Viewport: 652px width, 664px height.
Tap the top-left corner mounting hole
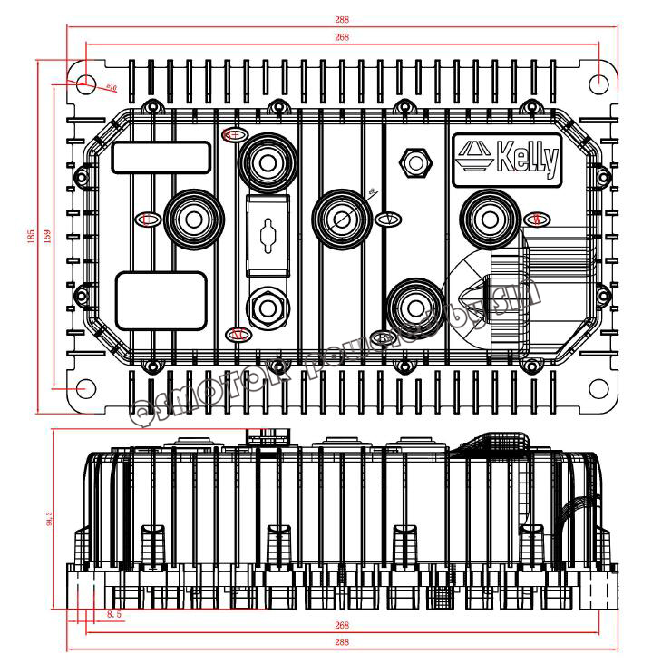[x=84, y=82]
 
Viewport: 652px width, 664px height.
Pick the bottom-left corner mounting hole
[x=84, y=387]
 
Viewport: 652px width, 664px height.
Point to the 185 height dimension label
[x=32, y=235]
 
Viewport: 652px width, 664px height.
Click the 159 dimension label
[x=48, y=235]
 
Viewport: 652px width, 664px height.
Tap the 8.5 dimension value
[x=115, y=615]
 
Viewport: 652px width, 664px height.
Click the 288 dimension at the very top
[x=341, y=19]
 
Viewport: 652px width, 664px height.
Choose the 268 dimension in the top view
[x=341, y=37]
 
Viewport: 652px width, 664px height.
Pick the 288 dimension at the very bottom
[x=341, y=641]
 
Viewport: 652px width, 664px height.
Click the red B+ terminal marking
[x=233, y=134]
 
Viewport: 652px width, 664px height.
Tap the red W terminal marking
[x=536, y=219]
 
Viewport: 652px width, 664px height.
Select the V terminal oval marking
[x=387, y=220]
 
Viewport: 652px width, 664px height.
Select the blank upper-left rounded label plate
[x=161, y=156]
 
